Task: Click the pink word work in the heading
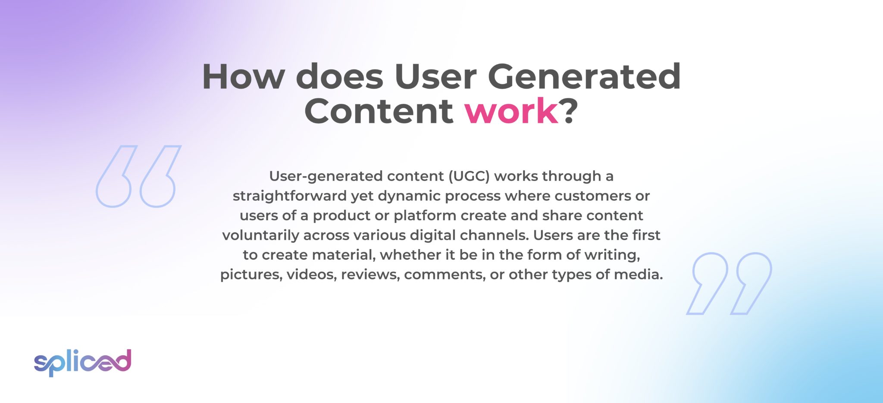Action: pyautogui.click(x=511, y=111)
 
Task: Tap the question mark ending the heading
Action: pyautogui.click(x=569, y=111)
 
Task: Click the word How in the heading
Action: pyautogui.click(x=244, y=77)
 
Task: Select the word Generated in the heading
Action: pyautogui.click(x=584, y=77)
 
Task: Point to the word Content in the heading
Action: pyautogui.click(x=379, y=111)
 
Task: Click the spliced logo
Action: pyautogui.click(x=83, y=362)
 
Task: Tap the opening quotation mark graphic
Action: pyautogui.click(x=137, y=177)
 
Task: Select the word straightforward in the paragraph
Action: pyautogui.click(x=290, y=196)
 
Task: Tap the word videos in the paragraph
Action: pyautogui.click(x=311, y=275)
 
